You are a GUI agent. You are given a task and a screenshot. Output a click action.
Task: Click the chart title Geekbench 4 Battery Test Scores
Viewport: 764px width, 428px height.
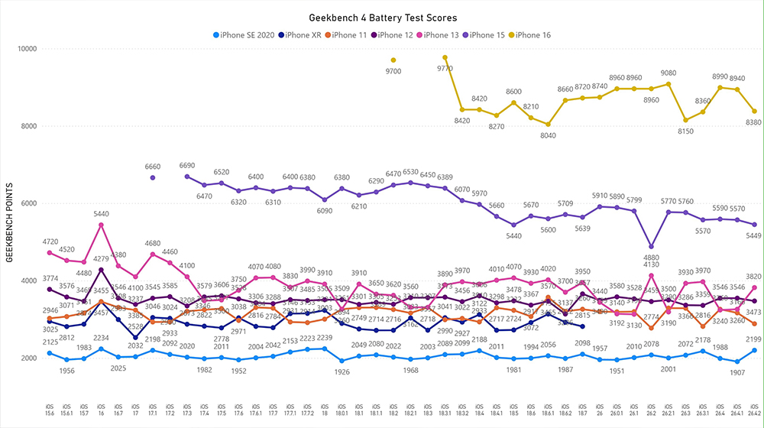(x=383, y=17)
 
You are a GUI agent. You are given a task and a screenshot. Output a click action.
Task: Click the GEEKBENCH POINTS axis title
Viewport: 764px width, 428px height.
(x=10, y=222)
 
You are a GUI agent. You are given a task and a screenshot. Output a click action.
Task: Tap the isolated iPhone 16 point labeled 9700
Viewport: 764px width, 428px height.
(x=393, y=60)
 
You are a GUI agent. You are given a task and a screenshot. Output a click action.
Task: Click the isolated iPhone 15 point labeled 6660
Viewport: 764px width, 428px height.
(x=153, y=177)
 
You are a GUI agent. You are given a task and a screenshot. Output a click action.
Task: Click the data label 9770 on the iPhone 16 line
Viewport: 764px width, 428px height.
(x=445, y=67)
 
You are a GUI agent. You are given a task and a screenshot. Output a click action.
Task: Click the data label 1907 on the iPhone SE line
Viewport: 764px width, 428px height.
(x=737, y=373)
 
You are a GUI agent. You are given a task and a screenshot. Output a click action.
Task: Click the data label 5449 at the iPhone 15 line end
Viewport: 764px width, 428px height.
(x=753, y=235)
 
